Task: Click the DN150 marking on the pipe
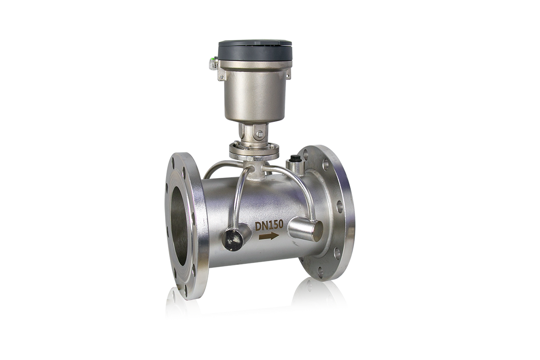coord(269,225)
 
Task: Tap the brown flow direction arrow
coord(269,236)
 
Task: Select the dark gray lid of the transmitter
coord(255,51)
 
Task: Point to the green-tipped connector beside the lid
coord(213,63)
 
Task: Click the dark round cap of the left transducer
coord(232,240)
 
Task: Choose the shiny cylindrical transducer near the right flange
coord(306,229)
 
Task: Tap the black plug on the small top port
coord(295,158)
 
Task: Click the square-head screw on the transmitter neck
coord(260,134)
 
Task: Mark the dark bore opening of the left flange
coord(179,223)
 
